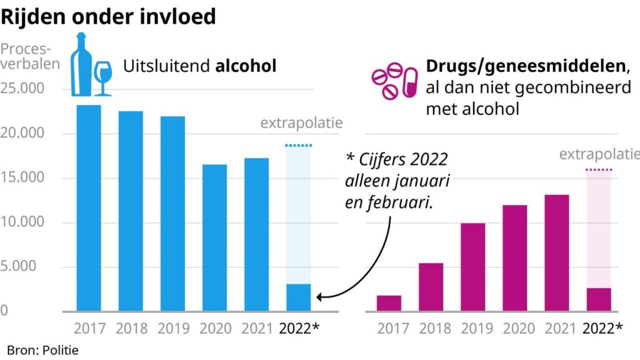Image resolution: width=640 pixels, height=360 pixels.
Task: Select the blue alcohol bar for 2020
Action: point(214,237)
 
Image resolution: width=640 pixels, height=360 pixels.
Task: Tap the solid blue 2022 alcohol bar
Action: point(298,297)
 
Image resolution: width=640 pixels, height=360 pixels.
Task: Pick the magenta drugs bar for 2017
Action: point(389,303)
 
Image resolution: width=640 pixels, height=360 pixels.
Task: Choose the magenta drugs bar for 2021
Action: point(556,252)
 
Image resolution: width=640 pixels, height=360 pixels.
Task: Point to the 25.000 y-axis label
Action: point(22,89)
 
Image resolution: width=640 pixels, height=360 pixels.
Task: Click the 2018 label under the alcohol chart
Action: point(131,327)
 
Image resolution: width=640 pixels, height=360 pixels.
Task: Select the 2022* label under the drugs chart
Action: point(602,327)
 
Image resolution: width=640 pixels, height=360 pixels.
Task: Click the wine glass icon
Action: point(102,77)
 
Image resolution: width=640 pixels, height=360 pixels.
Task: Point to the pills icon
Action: point(394,82)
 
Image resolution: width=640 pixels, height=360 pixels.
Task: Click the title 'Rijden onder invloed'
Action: point(108,16)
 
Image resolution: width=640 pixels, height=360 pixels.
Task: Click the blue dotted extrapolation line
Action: point(298,145)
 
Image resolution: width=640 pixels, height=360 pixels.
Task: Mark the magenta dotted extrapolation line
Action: point(598,170)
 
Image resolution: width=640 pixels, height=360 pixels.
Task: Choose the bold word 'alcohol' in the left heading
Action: point(246,66)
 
